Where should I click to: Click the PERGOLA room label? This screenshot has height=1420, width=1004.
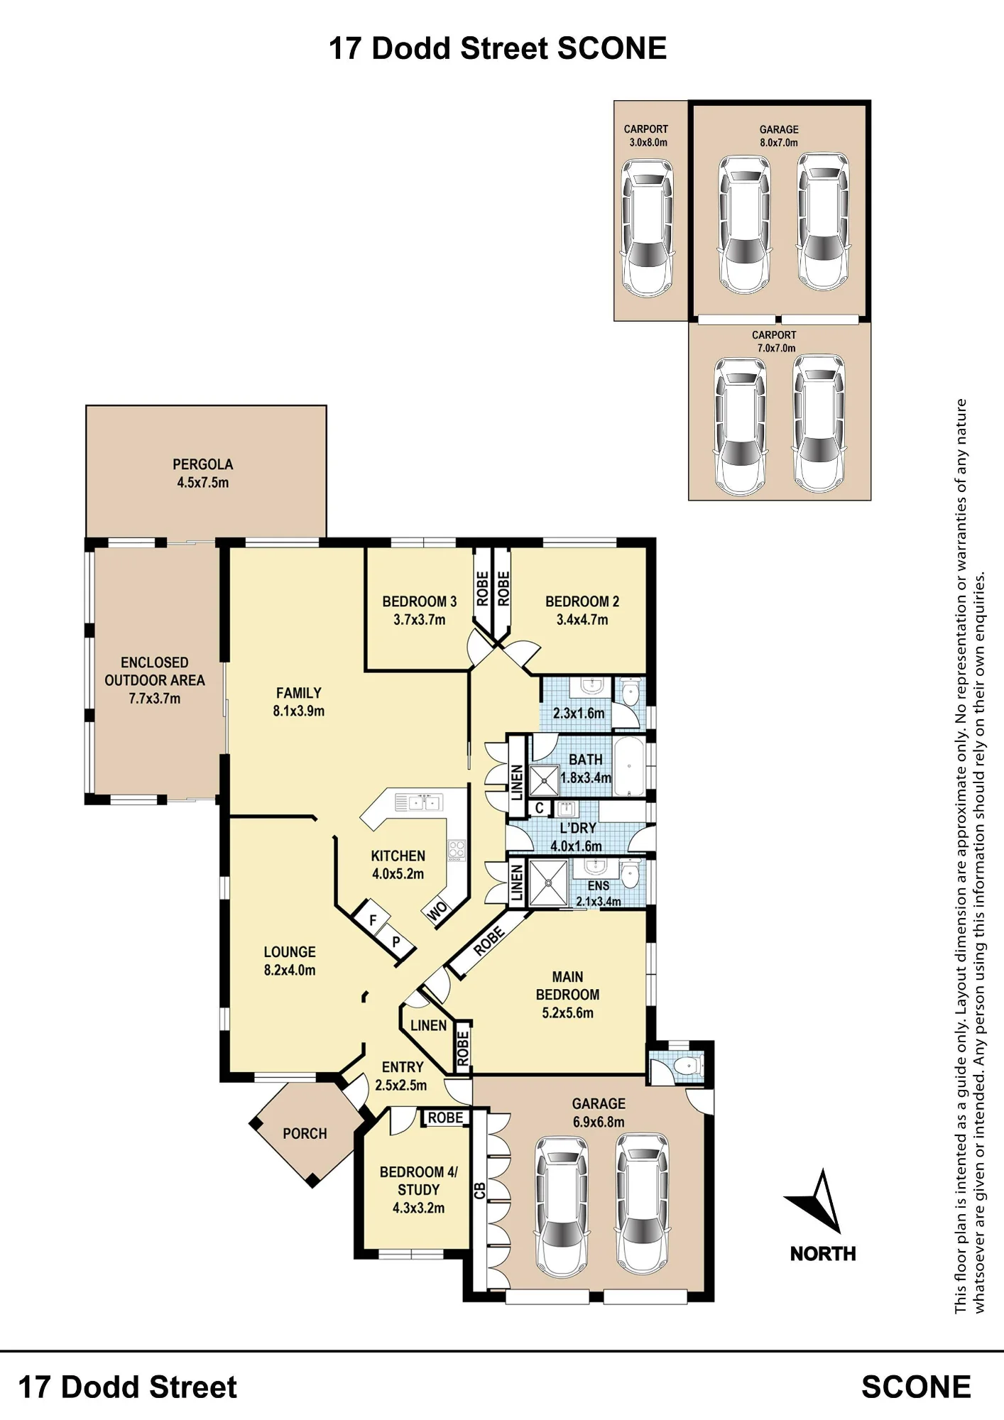coord(202,464)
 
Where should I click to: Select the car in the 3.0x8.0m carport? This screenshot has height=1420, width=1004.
coord(647,227)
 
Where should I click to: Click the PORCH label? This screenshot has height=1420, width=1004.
coord(305,1134)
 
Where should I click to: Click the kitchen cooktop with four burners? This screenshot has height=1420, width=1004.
coord(456,848)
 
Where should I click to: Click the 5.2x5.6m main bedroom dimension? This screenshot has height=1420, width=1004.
coord(567,1013)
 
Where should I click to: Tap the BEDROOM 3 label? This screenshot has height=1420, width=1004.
coord(419,601)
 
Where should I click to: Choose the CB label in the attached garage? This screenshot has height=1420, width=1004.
coord(479,1191)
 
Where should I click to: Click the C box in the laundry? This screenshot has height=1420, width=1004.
coord(540,808)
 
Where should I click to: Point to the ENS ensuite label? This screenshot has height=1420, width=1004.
coord(599,886)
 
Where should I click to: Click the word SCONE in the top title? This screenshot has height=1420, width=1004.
coord(611,49)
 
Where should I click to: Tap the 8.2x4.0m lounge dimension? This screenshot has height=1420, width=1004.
coord(290,971)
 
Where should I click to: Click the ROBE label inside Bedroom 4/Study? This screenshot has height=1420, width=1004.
coord(445,1118)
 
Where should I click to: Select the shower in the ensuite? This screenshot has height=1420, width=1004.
coord(549,883)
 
